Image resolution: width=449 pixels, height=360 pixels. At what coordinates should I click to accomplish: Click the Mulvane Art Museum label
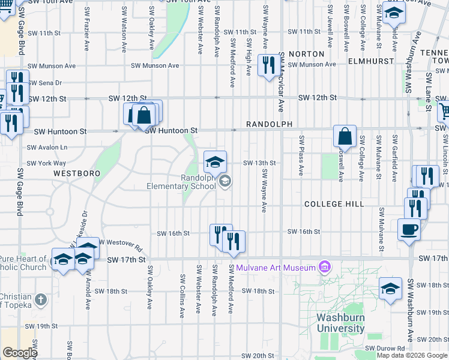click(276, 267)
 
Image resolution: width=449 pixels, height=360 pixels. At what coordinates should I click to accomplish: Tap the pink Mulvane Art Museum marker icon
click(325, 266)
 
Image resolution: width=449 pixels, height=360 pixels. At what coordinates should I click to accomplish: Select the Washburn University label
click(340, 322)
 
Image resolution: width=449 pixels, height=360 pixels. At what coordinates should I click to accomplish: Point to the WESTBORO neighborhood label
click(76, 173)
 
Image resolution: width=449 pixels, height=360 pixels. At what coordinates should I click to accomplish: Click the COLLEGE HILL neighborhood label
click(334, 204)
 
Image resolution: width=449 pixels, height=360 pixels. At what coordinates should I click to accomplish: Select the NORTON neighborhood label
click(307, 54)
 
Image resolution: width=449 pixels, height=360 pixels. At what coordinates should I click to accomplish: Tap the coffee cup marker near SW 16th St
click(409, 229)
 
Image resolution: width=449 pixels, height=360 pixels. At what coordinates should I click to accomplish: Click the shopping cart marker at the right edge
click(445, 110)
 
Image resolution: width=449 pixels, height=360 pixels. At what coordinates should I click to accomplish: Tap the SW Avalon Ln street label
click(46, 147)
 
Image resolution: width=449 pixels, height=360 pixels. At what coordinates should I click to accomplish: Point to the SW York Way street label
click(46, 163)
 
